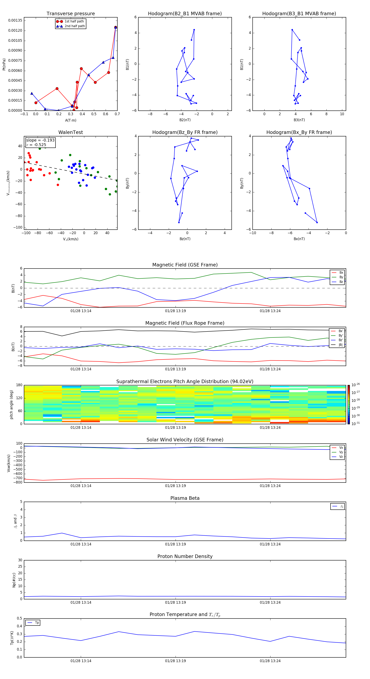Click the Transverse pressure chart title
pos(71,14)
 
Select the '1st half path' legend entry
pos(74,21)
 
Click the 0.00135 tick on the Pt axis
pos(15,21)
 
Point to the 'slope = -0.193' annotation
pos(40,140)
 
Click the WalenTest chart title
pos(71,132)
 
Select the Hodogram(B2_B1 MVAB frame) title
pos(185,14)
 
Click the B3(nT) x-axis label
pos(299,120)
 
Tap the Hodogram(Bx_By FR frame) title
pos(299,132)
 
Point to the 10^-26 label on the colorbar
pos(356,385)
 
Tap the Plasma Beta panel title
pos(185,498)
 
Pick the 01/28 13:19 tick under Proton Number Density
pos(175,602)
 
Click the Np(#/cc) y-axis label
pos(14,580)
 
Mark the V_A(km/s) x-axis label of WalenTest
pos(71,239)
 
